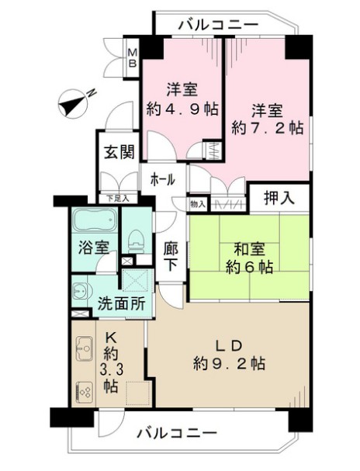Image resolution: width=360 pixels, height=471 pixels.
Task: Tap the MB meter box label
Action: pyautogui.click(x=133, y=57)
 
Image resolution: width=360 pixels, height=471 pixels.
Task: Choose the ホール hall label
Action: pyautogui.click(x=162, y=179)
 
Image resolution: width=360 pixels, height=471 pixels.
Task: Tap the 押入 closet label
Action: pyautogui.click(x=279, y=199)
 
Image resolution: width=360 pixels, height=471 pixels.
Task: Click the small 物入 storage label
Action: pyautogui.click(x=198, y=204)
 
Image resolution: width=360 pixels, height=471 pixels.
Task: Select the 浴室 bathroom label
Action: pyautogui.click(x=90, y=248)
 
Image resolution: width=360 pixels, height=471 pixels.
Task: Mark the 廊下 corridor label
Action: pyautogui.click(x=171, y=256)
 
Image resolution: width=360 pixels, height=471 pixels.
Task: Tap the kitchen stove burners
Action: pyautogui.click(x=84, y=391)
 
